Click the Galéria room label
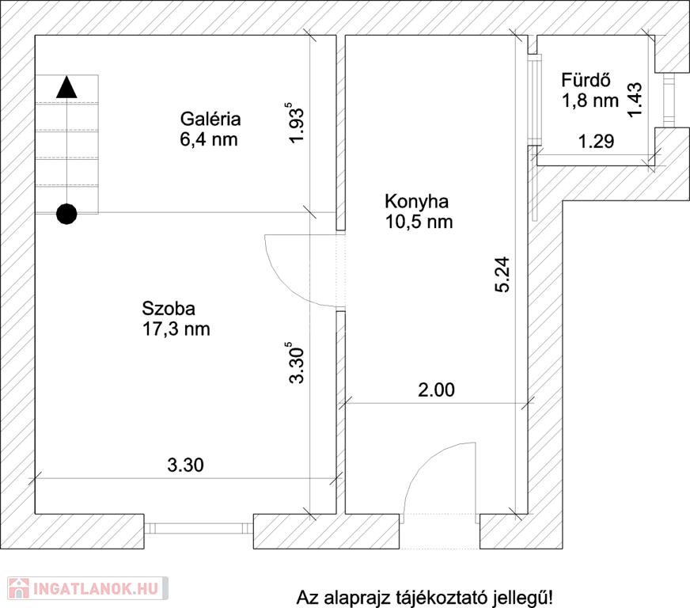pyautogui.click(x=210, y=120)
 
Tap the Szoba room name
pyautogui.click(x=169, y=309)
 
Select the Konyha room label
pyautogui.click(x=417, y=201)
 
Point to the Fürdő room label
pyautogui.click(x=586, y=80)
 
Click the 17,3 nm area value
pyautogui.click(x=176, y=329)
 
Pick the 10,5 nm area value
pyautogui.click(x=419, y=222)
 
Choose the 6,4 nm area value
pyautogui.click(x=209, y=139)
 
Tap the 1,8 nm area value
pyautogui.click(x=590, y=101)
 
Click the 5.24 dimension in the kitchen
pyautogui.click(x=502, y=275)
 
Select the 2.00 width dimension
pyautogui.click(x=436, y=390)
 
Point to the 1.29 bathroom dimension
pyautogui.click(x=596, y=142)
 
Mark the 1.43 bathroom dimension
pyautogui.click(x=635, y=100)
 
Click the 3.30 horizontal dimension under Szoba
pyautogui.click(x=185, y=465)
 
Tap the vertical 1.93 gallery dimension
pyautogui.click(x=296, y=123)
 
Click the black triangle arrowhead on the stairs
pyautogui.click(x=67, y=87)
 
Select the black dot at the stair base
pyautogui.click(x=67, y=215)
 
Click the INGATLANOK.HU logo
pyautogui.click(x=88, y=588)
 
